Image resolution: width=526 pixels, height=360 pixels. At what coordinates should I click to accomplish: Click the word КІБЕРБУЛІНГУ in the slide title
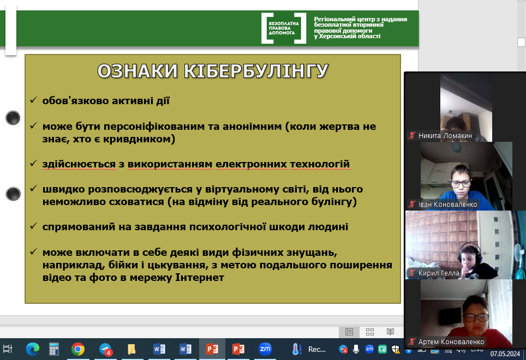tap(256, 71)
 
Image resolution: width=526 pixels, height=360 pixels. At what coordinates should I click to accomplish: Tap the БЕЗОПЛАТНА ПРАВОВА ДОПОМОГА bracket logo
tap(284, 28)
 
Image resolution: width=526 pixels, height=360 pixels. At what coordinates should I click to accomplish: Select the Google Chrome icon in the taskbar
tap(78, 349)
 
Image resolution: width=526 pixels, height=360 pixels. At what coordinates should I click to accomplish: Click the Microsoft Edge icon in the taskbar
tap(33, 349)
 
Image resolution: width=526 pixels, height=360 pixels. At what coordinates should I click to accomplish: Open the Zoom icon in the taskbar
tap(265, 349)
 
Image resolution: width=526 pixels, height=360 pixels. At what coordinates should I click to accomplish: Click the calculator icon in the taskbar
tap(53, 349)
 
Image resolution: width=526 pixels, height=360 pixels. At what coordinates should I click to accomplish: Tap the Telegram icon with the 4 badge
tap(105, 349)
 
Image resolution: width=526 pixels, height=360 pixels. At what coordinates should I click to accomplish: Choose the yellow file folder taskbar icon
tap(131, 349)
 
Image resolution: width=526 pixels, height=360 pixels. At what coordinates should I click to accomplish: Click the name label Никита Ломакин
tap(445, 136)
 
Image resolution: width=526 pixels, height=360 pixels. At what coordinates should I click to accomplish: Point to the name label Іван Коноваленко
tap(447, 205)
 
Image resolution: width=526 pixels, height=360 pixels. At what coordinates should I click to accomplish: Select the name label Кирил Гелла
tap(439, 273)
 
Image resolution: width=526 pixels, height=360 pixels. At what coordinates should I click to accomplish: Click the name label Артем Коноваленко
tap(451, 342)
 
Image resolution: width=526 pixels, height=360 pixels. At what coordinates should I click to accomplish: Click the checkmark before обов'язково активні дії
tap(33, 100)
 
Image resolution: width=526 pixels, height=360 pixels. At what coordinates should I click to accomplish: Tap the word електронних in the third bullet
tap(251, 164)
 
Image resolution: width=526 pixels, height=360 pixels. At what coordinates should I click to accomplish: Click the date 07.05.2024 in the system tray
tap(505, 354)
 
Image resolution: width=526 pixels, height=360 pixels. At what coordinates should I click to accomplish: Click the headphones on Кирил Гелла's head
tap(469, 252)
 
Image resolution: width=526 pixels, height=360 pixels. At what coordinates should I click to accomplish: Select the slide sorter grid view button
tap(370, 332)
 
